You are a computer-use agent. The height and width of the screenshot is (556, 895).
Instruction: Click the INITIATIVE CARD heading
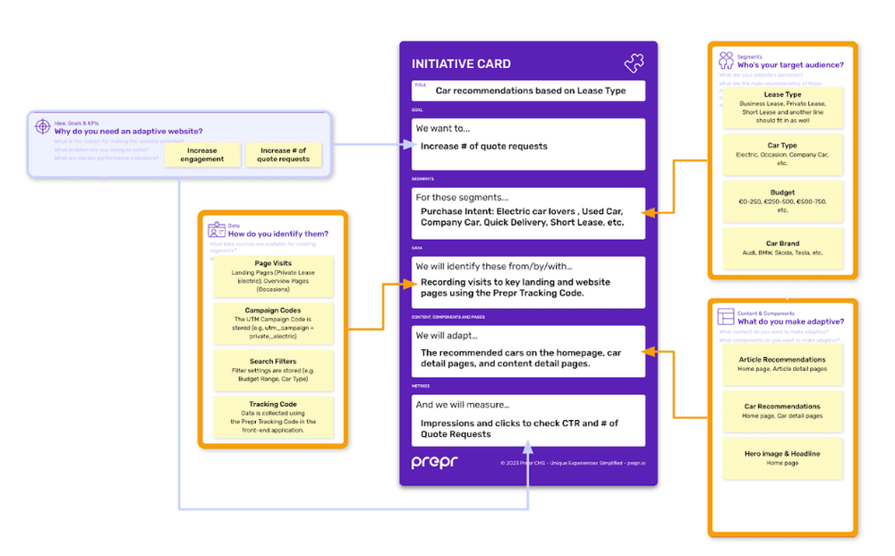(x=461, y=64)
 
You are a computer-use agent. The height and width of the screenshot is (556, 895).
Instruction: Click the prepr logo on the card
(x=435, y=462)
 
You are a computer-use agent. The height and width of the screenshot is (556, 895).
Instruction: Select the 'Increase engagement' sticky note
(x=202, y=155)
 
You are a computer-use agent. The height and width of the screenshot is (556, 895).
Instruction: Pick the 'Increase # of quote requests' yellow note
(x=283, y=155)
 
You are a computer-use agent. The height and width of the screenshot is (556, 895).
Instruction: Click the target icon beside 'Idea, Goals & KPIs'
(x=42, y=127)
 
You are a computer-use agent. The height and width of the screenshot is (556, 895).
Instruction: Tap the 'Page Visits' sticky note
(x=273, y=276)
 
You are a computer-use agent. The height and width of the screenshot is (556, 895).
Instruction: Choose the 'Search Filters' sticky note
(x=273, y=370)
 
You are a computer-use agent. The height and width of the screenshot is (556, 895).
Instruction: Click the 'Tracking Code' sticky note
(x=273, y=416)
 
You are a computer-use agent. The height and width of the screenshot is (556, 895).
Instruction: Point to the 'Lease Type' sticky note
(x=782, y=107)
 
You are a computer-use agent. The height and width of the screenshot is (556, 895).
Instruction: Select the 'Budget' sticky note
(x=782, y=201)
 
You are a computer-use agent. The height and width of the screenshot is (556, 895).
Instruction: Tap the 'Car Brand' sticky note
(x=782, y=248)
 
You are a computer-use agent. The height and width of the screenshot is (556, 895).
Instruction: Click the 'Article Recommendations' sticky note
(x=782, y=364)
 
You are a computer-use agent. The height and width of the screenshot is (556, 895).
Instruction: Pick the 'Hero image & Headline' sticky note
(x=782, y=458)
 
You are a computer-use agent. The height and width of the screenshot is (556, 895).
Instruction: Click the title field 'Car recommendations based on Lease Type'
(x=530, y=90)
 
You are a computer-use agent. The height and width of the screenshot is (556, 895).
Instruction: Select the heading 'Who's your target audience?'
(x=789, y=64)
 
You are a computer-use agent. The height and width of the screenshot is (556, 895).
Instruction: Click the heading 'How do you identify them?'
(x=277, y=234)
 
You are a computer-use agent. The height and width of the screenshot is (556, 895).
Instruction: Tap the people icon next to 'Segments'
(x=726, y=60)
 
